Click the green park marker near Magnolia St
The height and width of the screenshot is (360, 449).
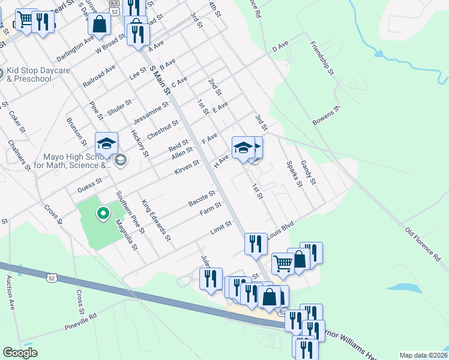click(x=103, y=212)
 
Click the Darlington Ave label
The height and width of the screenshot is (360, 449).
click(x=76, y=47)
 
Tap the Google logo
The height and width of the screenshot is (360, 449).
click(x=20, y=353)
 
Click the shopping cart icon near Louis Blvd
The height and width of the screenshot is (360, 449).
click(x=283, y=263)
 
